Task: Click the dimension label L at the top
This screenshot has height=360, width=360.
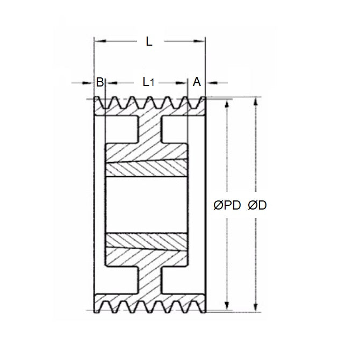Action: point(149,41)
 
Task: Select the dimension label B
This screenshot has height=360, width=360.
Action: point(99,82)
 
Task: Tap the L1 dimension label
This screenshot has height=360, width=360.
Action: point(148,82)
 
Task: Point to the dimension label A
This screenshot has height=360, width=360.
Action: point(197,82)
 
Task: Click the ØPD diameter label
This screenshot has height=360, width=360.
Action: point(227,205)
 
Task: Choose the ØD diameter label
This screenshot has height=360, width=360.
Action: point(258,205)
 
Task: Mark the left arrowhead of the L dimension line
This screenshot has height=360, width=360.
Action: point(97,41)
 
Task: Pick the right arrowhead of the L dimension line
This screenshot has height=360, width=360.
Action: point(203,41)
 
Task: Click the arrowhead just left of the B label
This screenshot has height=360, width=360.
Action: point(90,83)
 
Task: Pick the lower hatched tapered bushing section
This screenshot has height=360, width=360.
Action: point(146,240)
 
